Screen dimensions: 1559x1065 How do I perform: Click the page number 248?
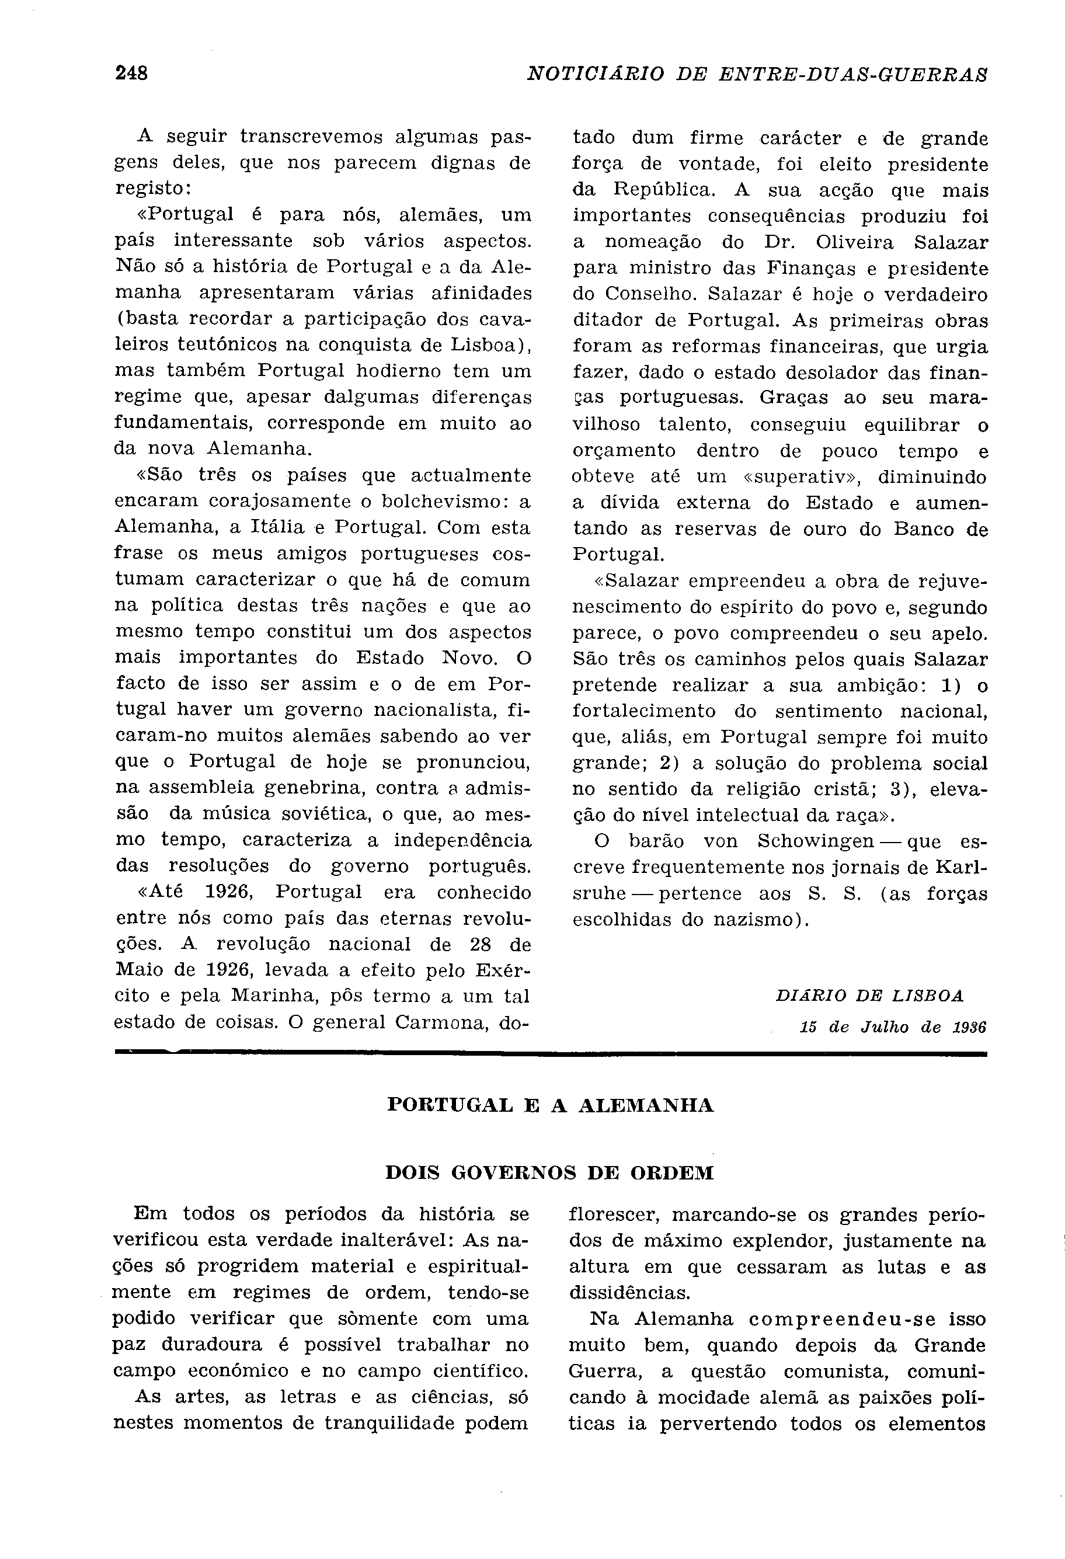pyautogui.click(x=131, y=72)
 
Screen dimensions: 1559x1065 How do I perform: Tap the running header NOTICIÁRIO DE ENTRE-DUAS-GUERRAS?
pyautogui.click(x=757, y=73)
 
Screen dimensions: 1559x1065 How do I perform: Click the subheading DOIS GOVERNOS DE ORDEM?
pyautogui.click(x=549, y=1172)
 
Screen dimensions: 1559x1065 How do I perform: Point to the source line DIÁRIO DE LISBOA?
pyautogui.click(x=869, y=996)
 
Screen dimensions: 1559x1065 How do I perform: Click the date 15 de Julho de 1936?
pyautogui.click(x=893, y=1027)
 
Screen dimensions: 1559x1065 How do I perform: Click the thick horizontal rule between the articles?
pyautogui.click(x=550, y=1055)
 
